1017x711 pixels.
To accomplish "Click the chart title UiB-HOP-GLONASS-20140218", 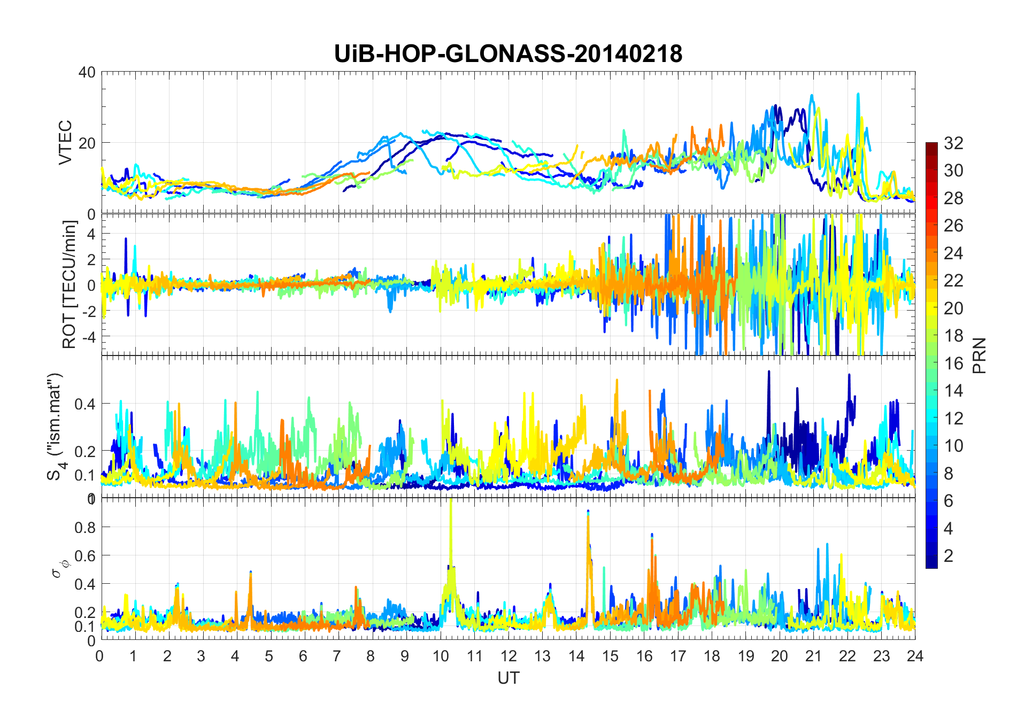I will click(x=508, y=54).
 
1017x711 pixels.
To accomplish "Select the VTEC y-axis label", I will click(x=65, y=142).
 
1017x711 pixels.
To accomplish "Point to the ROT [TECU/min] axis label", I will click(x=70, y=284).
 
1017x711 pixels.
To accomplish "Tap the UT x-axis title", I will click(x=508, y=678).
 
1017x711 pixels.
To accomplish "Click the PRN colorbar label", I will click(x=980, y=355).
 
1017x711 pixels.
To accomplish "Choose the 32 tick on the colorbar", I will click(x=953, y=143).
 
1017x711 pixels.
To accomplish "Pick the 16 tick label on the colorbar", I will click(x=953, y=364).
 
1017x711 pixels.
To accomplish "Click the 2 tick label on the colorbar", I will click(x=949, y=556).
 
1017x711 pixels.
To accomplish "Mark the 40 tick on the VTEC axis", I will click(x=87, y=72).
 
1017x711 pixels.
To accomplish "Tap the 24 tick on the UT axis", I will click(x=915, y=656).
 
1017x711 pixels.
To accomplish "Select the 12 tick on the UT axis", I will click(x=508, y=656).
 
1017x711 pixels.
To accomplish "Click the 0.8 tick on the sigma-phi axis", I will click(x=86, y=527).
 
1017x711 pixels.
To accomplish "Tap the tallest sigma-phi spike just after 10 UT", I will click(x=451, y=501).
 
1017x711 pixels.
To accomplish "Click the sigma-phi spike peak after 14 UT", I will click(x=588, y=512).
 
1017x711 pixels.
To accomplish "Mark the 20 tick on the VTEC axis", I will click(x=87, y=143).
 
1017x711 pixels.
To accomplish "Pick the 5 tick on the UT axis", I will click(x=269, y=656).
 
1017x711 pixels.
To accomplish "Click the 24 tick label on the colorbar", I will click(x=953, y=253).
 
